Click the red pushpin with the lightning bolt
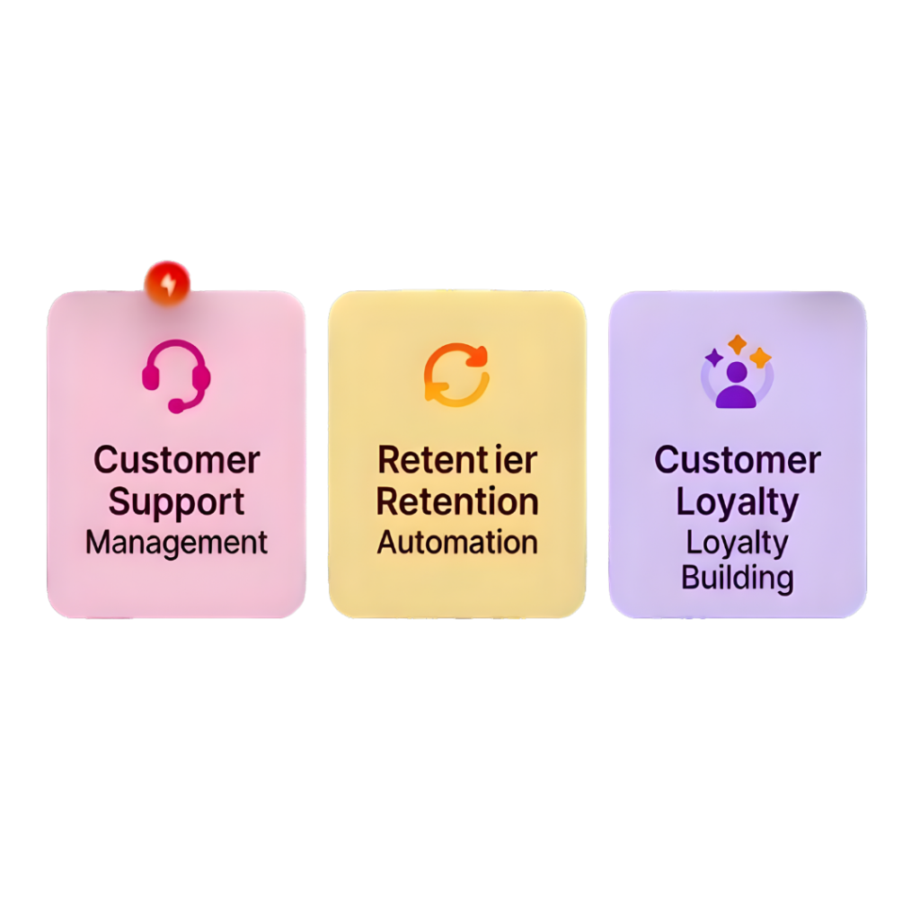167,282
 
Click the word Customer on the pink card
176,460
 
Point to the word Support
176,501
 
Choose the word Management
176,543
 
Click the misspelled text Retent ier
456,460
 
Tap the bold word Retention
456,501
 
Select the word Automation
456,543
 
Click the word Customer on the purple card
737,460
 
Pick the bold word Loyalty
737,502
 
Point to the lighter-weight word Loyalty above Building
737,543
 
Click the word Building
737,577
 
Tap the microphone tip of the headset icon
175,407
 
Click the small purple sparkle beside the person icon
714,358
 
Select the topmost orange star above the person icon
737,343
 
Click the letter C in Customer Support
104,460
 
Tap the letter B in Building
690,577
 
